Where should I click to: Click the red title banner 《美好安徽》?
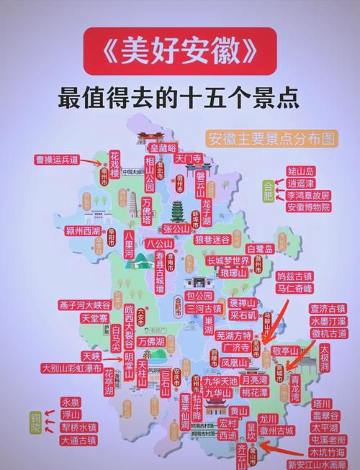pyautogui.click(x=179, y=51)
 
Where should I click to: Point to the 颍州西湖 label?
pyautogui.click(x=83, y=231)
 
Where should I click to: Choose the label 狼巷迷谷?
pyautogui.click(x=214, y=238)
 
